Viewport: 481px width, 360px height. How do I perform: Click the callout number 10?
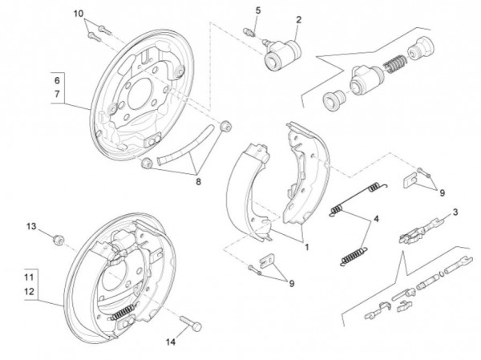click(x=78, y=14)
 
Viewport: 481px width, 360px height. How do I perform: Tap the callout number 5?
click(x=258, y=10)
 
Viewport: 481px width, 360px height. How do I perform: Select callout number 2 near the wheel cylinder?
click(x=298, y=19)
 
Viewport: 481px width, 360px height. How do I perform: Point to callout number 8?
click(x=197, y=181)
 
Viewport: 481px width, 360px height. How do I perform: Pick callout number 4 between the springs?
click(x=376, y=218)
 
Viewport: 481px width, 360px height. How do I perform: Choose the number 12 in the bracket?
click(x=29, y=291)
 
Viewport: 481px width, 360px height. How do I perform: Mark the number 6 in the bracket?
click(x=56, y=81)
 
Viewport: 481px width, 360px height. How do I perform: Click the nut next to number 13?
click(x=57, y=239)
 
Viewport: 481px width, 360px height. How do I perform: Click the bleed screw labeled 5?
click(x=250, y=31)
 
